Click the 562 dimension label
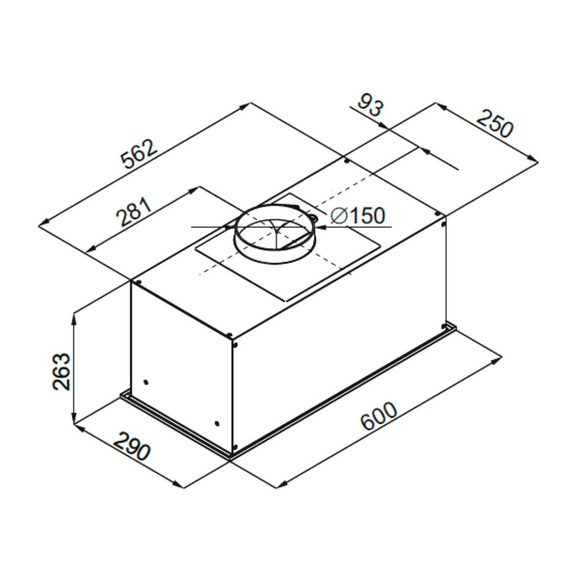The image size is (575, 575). point(139,154)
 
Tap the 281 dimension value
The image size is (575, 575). point(134,211)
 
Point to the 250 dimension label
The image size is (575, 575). point(494,124)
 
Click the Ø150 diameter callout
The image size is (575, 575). point(357,216)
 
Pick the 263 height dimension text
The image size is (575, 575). point(61,371)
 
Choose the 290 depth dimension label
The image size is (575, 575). point(132,446)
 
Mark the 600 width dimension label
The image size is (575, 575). point(379,416)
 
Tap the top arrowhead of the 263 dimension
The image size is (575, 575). point(75,319)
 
